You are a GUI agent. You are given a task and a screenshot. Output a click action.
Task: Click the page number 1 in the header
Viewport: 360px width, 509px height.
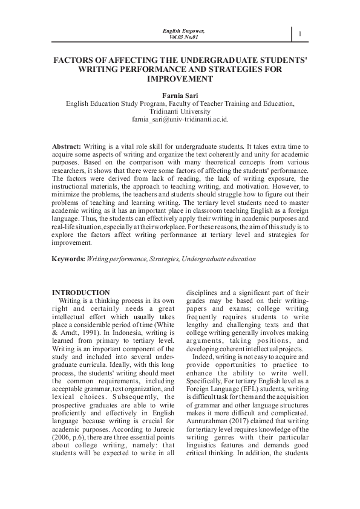coord(299,34)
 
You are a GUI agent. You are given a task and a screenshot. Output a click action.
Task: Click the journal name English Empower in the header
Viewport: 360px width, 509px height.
coord(184,30)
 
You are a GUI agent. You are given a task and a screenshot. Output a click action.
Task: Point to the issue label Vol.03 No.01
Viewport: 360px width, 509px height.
coord(184,37)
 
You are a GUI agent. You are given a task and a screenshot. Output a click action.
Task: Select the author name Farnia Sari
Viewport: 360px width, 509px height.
coord(180,95)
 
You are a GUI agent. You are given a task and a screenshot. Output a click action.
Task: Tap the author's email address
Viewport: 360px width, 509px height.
coord(180,120)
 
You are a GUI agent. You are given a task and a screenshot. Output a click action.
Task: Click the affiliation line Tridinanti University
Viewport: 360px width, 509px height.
coord(180,111)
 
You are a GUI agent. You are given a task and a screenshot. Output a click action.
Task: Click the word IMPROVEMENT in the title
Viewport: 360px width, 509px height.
coord(180,79)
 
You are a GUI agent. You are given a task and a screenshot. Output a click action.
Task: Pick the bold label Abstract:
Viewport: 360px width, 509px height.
coord(67,147)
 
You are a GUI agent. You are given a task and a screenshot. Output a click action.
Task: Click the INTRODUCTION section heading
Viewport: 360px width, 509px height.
coord(81,293)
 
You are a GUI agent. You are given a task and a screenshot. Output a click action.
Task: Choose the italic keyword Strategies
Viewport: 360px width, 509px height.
coord(162,259)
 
